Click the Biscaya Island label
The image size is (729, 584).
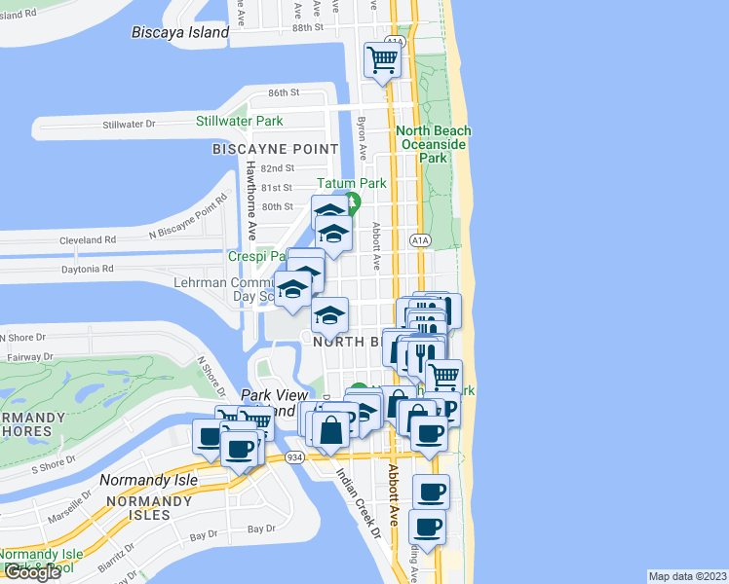click(180, 32)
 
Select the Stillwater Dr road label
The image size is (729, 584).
click(130, 125)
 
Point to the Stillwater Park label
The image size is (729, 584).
click(239, 121)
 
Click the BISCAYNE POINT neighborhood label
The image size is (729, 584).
click(276, 149)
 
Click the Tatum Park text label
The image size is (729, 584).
click(352, 183)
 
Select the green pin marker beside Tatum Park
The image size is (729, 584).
click(354, 202)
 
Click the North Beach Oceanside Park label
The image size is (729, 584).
click(434, 144)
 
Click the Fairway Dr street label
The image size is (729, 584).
click(25, 357)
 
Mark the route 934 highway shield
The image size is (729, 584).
click(295, 457)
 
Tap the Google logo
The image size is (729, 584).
click(32, 572)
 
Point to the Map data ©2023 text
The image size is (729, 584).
click(687, 576)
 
